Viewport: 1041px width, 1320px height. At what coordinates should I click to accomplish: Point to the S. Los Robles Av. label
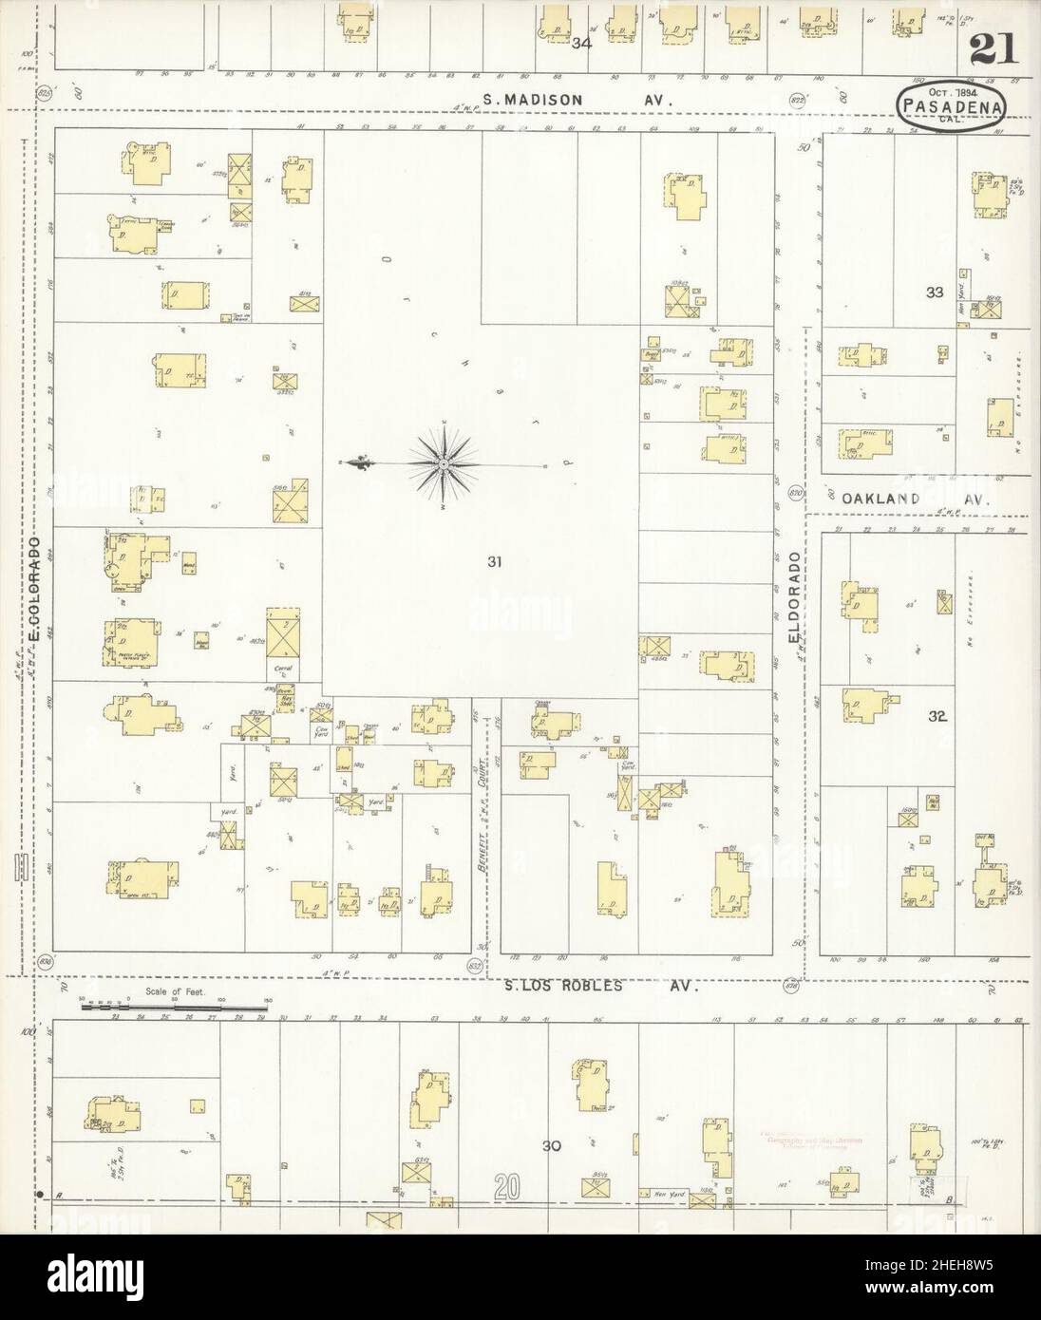[600, 986]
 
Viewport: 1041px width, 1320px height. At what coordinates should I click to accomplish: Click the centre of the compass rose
[443, 462]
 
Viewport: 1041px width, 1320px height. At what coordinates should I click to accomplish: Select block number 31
[493, 562]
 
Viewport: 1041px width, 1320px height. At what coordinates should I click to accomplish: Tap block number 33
[935, 292]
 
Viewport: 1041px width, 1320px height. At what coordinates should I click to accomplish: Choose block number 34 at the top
[583, 42]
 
